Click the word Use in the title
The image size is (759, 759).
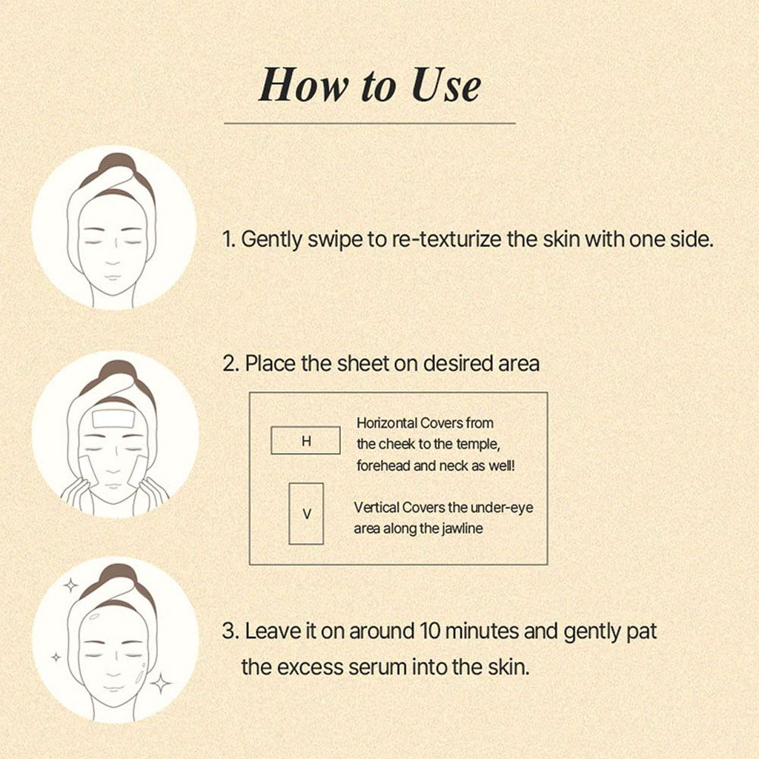click(446, 85)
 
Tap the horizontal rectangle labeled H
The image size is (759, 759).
click(305, 440)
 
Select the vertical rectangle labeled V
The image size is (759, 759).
click(306, 514)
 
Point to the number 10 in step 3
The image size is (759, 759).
click(430, 632)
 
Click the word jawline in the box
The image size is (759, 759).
click(462, 528)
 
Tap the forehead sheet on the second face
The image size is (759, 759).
click(113, 419)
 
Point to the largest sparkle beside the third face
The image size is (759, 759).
click(161, 683)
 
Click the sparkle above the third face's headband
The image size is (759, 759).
click(70, 586)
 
